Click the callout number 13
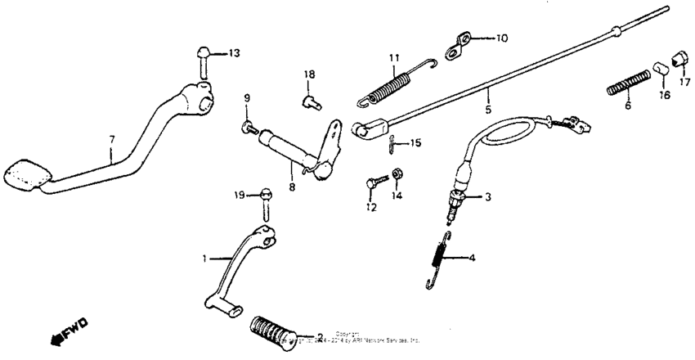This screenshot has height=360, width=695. [x=234, y=53]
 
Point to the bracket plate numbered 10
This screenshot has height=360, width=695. [x=462, y=45]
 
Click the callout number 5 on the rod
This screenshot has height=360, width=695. [x=487, y=108]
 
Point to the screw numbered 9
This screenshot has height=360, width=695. [x=248, y=127]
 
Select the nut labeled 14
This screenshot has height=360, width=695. [x=397, y=173]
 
